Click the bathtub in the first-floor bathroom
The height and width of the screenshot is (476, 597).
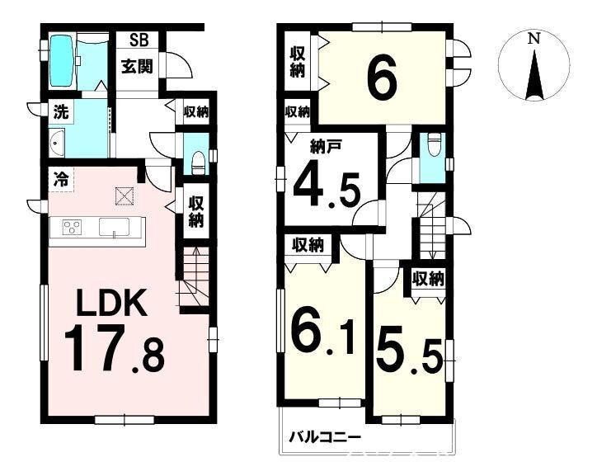coord(63,61)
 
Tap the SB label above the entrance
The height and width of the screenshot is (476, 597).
coord(139,40)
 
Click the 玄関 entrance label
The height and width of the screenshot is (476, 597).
coord(137,66)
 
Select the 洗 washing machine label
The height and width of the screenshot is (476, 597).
coord(60,112)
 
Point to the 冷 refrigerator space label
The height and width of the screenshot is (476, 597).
coord(60,178)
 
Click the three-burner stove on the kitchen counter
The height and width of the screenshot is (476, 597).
coord(72,228)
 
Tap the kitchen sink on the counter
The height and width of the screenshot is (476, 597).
coord(114,228)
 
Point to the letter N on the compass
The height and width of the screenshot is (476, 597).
coord(534,39)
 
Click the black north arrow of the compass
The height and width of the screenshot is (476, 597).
coord(534,74)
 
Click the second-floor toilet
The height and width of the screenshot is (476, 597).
coord(434,145)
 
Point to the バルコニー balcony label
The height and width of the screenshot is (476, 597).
coord(325,437)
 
